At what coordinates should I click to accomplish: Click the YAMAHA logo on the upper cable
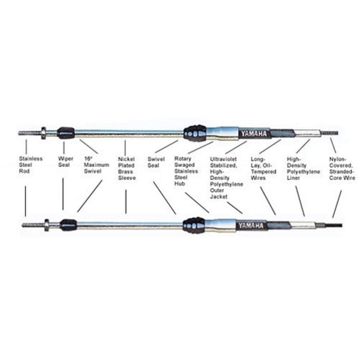(254, 134)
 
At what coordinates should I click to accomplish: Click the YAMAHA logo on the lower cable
(250, 226)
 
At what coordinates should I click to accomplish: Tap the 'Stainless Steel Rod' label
(30, 165)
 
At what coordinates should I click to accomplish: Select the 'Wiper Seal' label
(66, 162)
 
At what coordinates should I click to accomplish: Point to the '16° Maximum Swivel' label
(96, 165)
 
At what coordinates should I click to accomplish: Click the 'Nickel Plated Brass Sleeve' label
(127, 168)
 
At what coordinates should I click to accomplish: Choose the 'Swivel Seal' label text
(156, 162)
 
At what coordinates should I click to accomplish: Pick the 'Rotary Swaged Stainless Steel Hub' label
(186, 171)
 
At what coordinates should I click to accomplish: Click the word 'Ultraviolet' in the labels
(223, 159)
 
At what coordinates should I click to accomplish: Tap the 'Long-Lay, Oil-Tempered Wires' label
(263, 168)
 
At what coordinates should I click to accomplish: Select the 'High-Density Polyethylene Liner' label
(303, 168)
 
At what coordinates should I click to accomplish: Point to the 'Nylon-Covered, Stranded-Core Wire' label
(342, 168)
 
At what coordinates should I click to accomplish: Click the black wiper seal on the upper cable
(66, 133)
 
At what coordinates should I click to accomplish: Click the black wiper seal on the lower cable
(68, 225)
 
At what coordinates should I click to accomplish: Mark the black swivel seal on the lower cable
(194, 225)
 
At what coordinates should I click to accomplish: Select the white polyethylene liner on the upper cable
(306, 133)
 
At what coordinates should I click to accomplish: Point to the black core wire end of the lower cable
(334, 226)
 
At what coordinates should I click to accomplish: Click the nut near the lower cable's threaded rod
(47, 225)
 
